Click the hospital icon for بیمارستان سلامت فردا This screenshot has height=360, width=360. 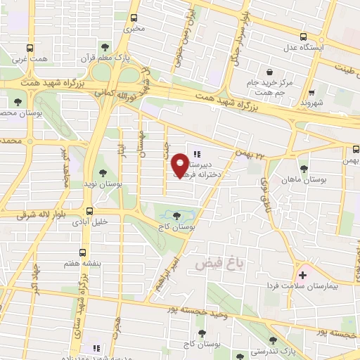coord(302,274)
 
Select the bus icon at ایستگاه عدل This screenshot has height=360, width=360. coord(303,37)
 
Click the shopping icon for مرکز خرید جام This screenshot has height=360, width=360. coord(269,72)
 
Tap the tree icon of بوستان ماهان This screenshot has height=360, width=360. coord(303,169)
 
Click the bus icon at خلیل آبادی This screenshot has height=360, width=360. coord(89,210)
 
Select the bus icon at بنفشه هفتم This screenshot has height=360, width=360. coord(83,252)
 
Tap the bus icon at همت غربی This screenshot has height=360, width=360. coord(30,48)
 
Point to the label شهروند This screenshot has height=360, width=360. coord(309,103)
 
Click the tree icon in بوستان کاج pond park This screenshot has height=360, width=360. coord(176,216)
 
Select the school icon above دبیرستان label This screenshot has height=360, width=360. coord(196,154)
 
